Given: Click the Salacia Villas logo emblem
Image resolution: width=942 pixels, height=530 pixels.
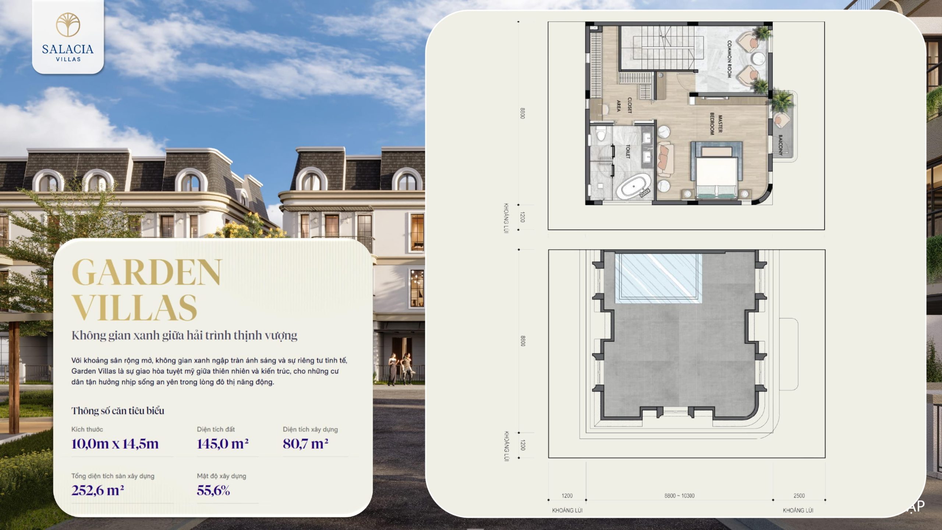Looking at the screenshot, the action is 68,25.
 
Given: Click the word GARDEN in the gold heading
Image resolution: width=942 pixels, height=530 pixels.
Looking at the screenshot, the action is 147,272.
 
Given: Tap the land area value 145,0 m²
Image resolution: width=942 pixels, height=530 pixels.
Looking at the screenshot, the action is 223,444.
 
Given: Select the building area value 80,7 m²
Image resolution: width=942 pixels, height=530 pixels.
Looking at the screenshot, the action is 305,444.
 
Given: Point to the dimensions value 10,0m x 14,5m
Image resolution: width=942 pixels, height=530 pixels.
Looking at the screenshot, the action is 115,444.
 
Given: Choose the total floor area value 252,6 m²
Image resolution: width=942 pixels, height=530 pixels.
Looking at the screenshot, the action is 98,490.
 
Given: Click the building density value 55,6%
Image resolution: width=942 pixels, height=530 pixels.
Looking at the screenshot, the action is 213,490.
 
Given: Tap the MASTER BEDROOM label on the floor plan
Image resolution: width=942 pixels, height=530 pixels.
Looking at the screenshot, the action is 716,124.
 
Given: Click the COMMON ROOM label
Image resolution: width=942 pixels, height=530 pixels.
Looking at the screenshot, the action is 729,59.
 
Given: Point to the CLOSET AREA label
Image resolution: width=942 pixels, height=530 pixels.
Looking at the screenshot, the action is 624,105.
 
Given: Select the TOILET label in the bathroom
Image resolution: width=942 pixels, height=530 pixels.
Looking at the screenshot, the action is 628,151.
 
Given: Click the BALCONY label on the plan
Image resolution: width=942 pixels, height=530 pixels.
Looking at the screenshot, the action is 780,145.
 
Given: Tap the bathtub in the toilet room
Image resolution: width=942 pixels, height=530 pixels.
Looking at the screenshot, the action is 634,187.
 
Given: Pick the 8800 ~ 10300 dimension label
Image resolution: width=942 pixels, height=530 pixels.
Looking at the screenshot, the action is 679,496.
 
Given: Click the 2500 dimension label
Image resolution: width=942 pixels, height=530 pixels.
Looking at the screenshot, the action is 799,496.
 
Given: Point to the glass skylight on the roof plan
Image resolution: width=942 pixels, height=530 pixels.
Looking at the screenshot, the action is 658,278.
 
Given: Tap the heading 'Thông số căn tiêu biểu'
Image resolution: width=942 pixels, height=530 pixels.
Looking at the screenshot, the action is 118,411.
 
